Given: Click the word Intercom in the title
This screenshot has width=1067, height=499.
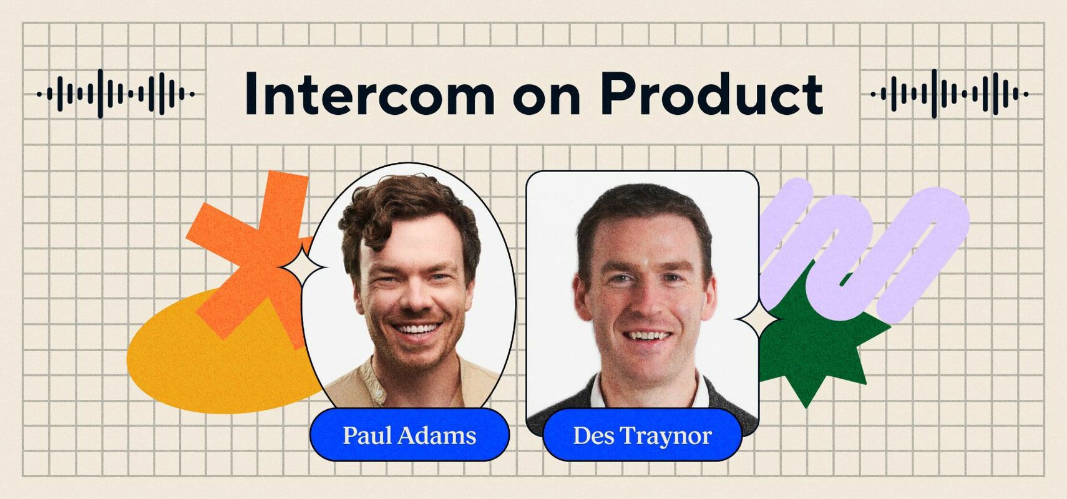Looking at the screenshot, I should pos(369,94).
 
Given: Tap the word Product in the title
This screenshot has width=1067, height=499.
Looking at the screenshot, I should pos(711,94).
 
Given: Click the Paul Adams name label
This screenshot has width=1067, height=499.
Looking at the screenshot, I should pos(409,435).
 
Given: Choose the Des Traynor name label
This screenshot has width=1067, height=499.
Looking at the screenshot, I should pos(642,435).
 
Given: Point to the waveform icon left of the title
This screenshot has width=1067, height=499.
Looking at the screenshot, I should pos(116,94).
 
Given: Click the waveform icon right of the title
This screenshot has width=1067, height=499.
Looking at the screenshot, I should pos(949,94).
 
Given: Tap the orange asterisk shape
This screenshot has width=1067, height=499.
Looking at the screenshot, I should pos(250,249).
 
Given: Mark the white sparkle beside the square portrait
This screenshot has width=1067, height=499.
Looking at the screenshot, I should pos(758,319).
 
